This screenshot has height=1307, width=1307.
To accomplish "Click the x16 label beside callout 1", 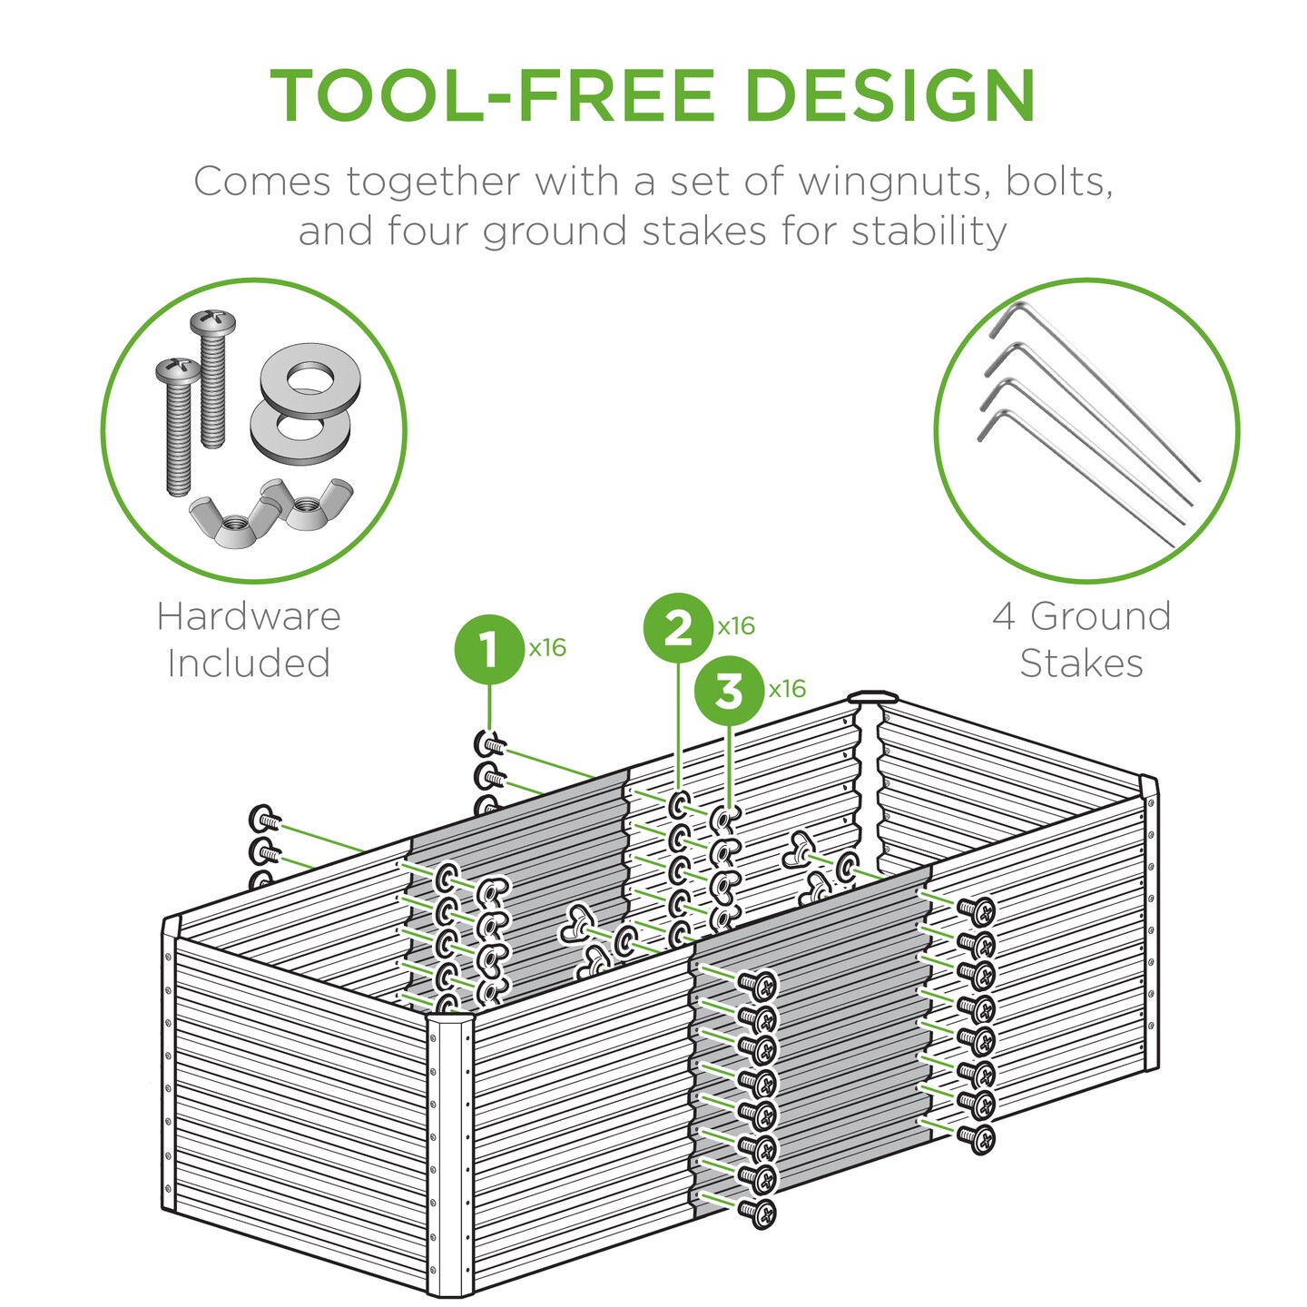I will point(547,648).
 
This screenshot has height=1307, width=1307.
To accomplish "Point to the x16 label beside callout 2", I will point(736,626).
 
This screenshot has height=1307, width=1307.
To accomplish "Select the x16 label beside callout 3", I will point(787,689).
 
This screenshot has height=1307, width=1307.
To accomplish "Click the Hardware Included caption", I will point(249,640).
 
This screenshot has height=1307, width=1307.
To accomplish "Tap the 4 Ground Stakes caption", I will point(1082,640).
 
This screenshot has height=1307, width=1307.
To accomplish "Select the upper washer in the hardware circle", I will point(310,376).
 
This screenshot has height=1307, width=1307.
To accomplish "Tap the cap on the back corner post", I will point(872,698).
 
